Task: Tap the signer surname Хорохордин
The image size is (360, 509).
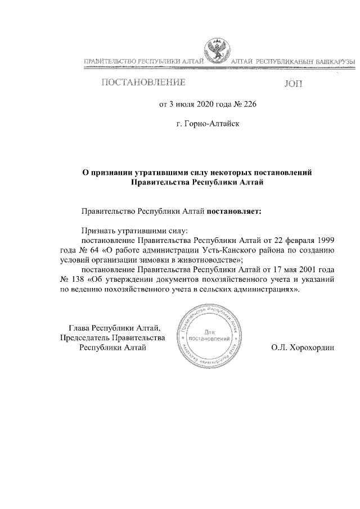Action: point(314,348)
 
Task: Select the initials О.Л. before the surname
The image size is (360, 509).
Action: point(279,348)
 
